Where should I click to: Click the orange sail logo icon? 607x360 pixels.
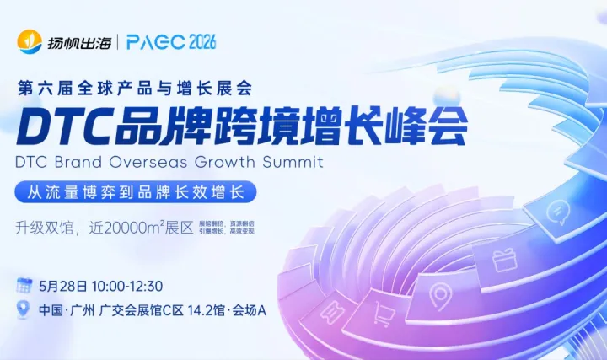pyautogui.click(x=30, y=40)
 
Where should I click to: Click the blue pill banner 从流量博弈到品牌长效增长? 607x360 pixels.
pyautogui.click(x=136, y=191)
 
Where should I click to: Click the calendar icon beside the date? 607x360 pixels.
pyautogui.click(x=24, y=286)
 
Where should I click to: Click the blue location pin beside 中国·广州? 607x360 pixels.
pyautogui.click(x=24, y=309)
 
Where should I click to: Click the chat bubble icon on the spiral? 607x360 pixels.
pyautogui.click(x=558, y=212)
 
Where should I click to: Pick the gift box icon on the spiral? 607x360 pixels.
pyautogui.click(x=504, y=258)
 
